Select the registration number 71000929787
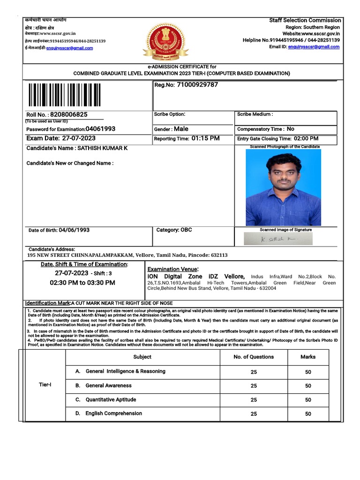point(197,85)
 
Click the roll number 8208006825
point(69,114)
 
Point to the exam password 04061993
point(100,129)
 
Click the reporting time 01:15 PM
point(205,139)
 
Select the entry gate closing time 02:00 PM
point(306,139)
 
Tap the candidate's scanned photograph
point(283,187)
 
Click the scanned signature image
point(278,239)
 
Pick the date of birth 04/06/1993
point(74,230)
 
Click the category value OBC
point(186,230)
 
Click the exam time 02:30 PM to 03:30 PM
point(82,283)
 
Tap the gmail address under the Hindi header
point(69,48)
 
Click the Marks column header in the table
point(308,357)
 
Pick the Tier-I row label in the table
point(45,385)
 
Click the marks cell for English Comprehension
point(308,414)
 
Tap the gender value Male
point(181,129)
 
